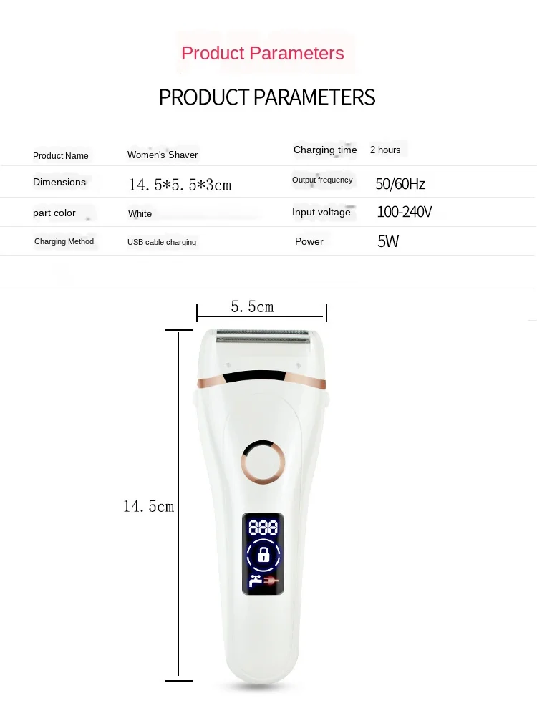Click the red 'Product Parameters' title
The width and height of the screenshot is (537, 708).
coord(262,54)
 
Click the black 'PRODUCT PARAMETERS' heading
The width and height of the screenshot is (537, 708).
coord(267,97)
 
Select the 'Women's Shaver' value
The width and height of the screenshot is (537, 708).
coord(163,155)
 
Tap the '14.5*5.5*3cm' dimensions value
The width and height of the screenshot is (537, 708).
coord(180,185)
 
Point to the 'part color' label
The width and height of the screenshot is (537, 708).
coord(54,213)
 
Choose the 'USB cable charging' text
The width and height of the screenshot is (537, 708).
coord(162,242)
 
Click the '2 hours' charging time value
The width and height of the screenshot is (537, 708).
coord(385,150)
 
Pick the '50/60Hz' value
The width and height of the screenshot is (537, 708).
coord(400,184)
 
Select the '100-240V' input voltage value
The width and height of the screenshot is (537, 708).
coord(405,213)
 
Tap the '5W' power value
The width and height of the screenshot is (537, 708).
coord(388,241)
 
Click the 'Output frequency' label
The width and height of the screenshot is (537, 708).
coord(322,180)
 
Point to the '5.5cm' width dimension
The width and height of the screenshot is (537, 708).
coord(252,307)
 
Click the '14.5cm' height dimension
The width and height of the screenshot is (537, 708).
coord(148,506)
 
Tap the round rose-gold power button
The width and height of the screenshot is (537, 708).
coord(263,460)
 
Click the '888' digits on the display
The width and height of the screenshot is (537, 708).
coord(263,528)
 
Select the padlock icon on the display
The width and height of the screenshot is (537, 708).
coord(263,554)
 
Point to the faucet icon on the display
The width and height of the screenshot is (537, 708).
coord(255,581)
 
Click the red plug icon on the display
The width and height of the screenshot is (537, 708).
coord(272,581)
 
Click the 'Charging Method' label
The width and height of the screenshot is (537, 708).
coord(64,242)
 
